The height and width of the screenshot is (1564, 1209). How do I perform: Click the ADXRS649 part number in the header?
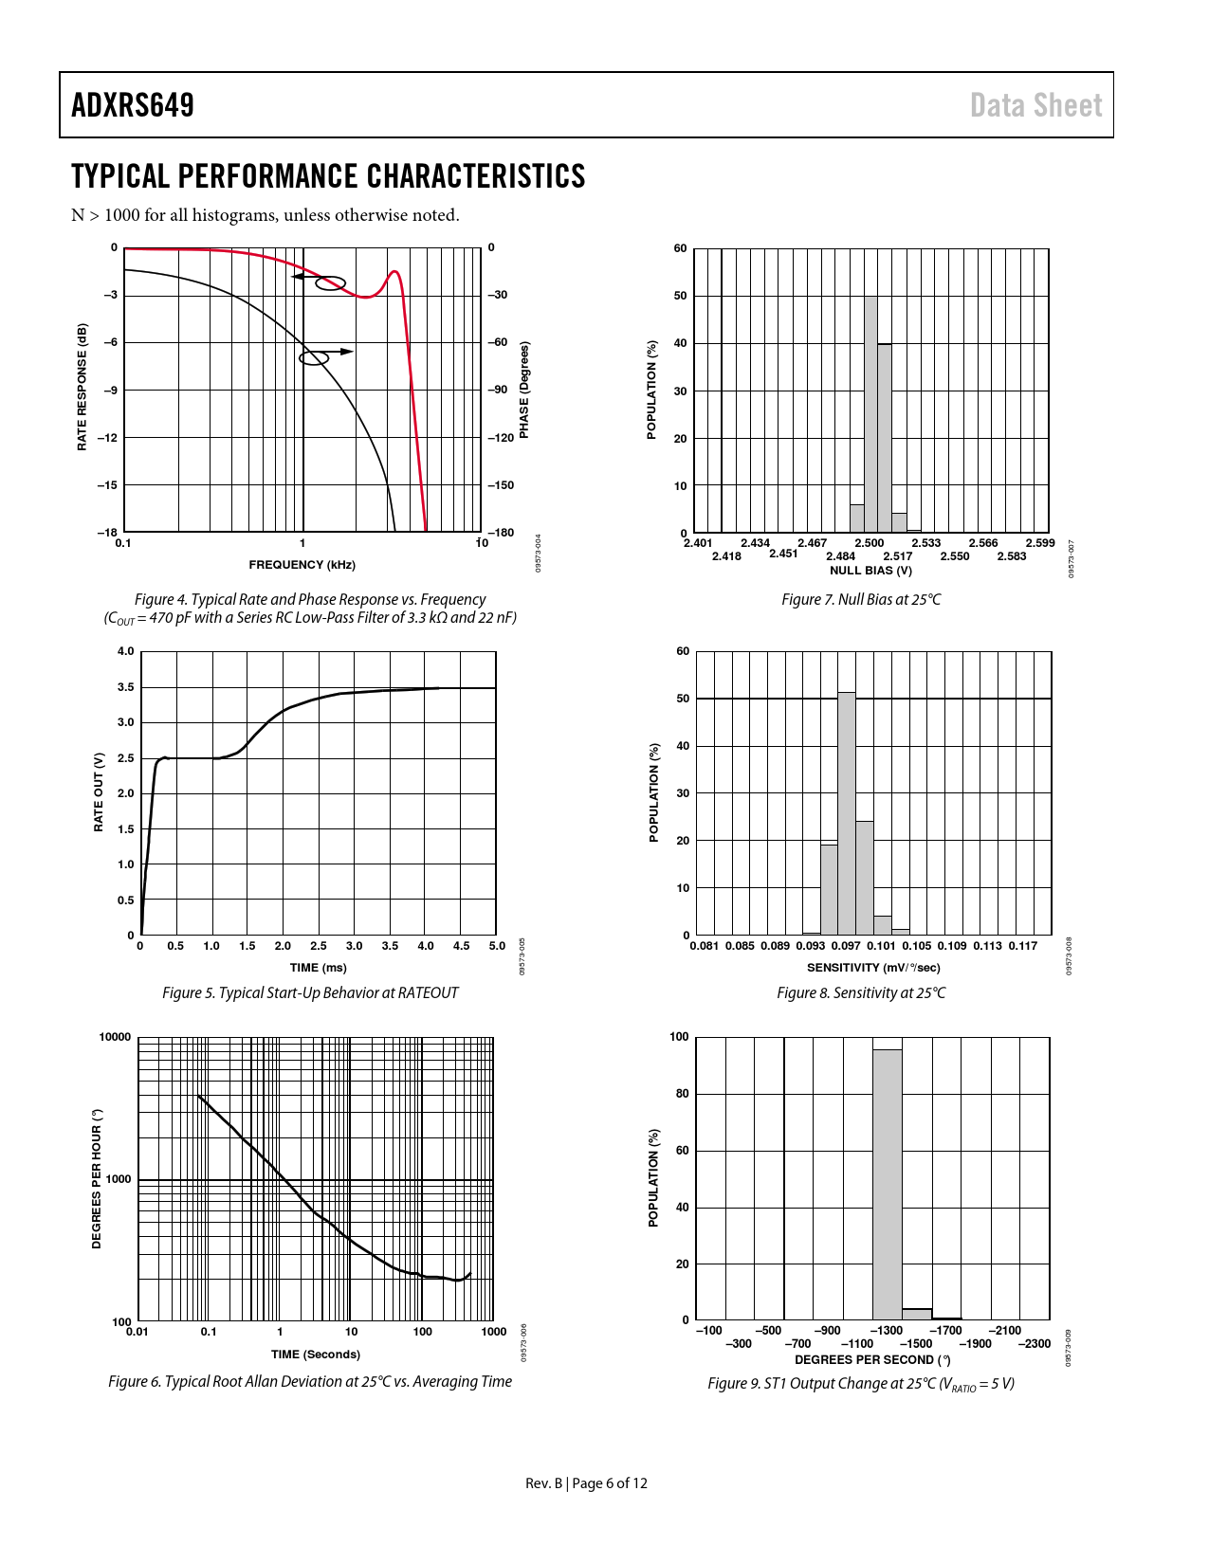(133, 105)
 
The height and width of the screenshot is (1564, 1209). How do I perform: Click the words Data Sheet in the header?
(1035, 105)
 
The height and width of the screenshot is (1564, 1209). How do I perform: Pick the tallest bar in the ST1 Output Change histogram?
(888, 1184)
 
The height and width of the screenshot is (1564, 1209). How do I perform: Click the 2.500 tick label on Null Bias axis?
(870, 543)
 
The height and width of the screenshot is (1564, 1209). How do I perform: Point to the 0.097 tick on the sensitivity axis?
(846, 946)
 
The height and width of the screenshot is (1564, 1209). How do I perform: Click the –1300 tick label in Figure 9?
(888, 1331)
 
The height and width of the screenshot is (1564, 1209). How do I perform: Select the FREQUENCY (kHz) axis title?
(302, 565)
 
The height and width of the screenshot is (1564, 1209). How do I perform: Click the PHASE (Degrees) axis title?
(524, 391)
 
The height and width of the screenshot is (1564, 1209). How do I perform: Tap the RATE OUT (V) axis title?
(99, 792)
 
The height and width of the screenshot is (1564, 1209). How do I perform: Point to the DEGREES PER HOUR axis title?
(97, 1179)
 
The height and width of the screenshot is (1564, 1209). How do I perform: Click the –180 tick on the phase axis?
(501, 533)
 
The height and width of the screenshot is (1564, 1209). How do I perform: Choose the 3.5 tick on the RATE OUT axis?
(126, 687)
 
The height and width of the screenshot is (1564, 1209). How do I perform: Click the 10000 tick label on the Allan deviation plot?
(116, 1037)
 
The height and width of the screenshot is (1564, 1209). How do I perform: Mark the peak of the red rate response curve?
(394, 272)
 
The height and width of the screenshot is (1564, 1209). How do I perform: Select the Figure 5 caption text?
(310, 993)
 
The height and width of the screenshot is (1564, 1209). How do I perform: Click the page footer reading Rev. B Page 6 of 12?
(586, 1483)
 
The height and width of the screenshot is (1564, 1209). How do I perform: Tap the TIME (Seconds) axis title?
(316, 1355)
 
